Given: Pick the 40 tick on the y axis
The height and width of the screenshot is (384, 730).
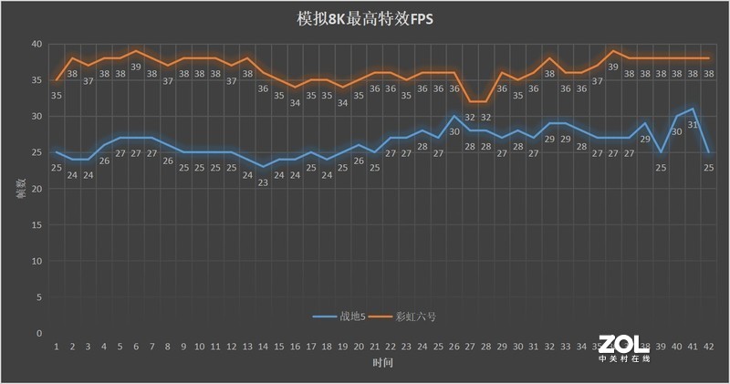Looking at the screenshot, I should point(36,44).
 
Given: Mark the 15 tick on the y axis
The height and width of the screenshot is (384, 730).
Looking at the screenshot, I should point(36,225).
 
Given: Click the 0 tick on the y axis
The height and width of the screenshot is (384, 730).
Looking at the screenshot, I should point(39,334).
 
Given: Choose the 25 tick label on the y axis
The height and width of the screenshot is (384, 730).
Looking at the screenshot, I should point(36,152).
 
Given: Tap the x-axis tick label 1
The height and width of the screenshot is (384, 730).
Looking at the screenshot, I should point(57,348).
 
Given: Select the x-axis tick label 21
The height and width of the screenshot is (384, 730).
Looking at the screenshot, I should point(374,348).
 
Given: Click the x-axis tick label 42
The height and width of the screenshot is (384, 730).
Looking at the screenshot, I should point(708,348).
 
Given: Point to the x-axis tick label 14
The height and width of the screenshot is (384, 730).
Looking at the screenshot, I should point(263,348).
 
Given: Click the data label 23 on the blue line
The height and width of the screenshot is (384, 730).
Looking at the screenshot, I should point(263,182).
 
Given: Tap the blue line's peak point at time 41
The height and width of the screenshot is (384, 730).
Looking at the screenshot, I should point(693,109).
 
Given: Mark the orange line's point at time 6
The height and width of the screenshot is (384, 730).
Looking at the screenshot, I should point(136,51).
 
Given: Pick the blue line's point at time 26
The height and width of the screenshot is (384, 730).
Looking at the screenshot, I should point(454,116).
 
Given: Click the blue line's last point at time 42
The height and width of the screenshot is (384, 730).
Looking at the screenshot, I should point(708,152).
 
